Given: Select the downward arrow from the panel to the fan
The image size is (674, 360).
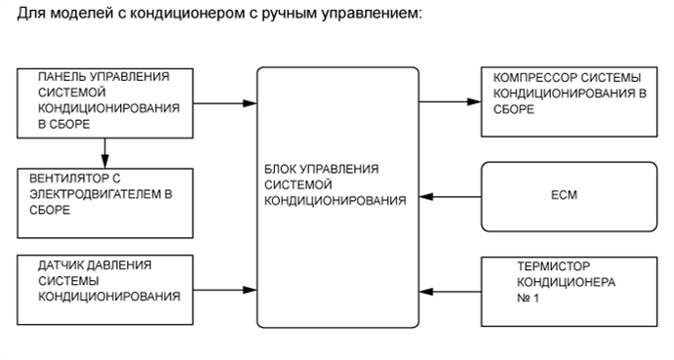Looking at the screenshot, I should (104, 151).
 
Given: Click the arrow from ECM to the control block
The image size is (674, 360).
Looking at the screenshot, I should (450, 197).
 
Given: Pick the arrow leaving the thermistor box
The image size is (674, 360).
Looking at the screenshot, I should (450, 289).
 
